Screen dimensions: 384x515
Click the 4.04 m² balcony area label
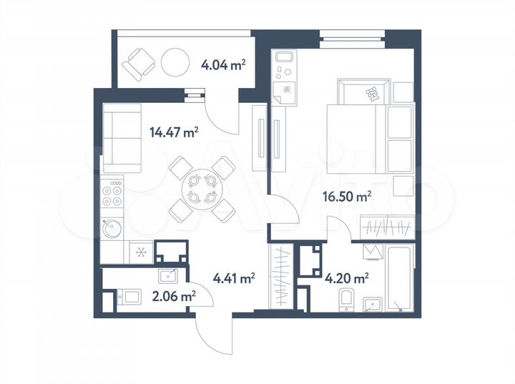(225, 65)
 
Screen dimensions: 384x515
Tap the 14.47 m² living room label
(173, 132)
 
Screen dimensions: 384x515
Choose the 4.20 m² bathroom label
(347, 278)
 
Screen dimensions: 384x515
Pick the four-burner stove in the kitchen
(114, 196)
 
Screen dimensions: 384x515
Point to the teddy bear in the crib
(373, 93)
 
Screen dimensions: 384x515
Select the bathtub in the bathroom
(396, 278)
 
